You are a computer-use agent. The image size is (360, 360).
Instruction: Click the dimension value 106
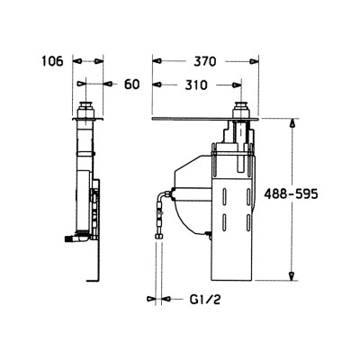tap(52, 61)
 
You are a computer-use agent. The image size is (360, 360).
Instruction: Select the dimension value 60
tap(132, 85)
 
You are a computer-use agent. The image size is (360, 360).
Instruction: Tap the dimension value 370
tap(205, 62)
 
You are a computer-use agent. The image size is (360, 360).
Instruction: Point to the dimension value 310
tap(196, 85)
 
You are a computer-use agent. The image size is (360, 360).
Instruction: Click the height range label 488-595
tap(291, 194)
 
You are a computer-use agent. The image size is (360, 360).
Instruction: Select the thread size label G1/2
tap(205, 299)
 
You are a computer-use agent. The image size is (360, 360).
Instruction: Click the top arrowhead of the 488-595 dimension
tap(292, 123)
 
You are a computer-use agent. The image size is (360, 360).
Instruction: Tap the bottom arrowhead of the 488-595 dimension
tap(292, 275)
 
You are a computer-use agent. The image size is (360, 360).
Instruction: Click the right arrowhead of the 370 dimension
tap(254, 61)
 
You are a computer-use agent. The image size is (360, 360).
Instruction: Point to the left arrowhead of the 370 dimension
tap(157, 61)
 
